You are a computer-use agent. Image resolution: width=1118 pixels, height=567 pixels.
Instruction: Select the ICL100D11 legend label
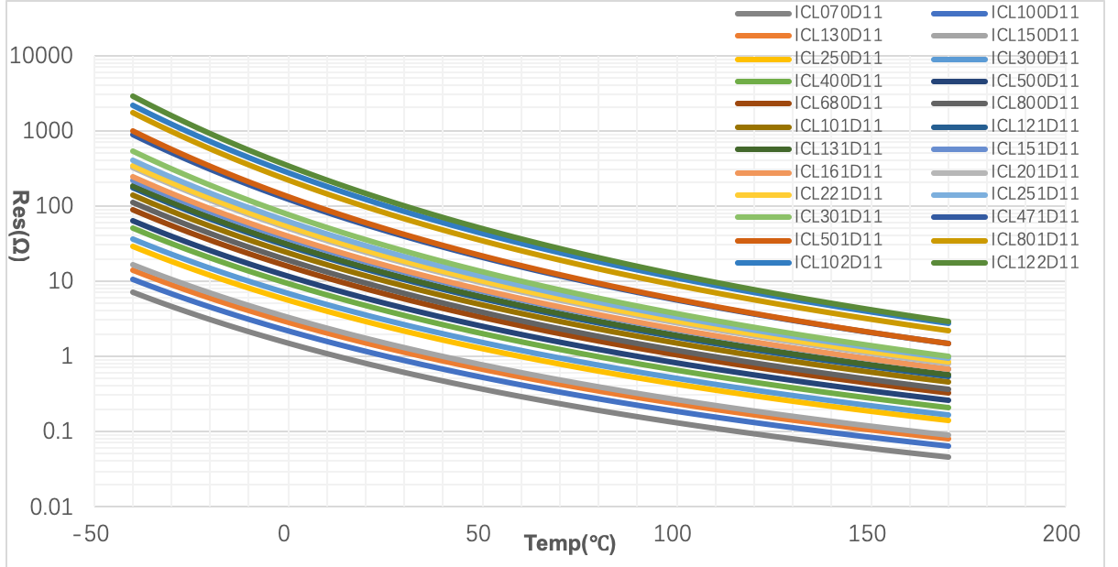[x=1035, y=13]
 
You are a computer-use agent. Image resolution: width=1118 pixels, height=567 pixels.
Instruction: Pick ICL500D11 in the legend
[x=1035, y=81]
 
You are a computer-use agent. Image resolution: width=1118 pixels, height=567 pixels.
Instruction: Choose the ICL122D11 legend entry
[x=1035, y=262]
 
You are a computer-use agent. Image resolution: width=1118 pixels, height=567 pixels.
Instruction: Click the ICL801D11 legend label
[x=1035, y=239]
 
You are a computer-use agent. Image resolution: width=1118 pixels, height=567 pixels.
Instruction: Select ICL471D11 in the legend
[x=1035, y=216]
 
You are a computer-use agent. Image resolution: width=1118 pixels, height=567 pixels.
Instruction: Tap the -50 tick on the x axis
[x=95, y=532]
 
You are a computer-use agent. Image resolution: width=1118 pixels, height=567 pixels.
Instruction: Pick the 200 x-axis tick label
[x=1063, y=532]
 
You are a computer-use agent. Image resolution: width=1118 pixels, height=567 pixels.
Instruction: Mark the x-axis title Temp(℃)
[x=570, y=543]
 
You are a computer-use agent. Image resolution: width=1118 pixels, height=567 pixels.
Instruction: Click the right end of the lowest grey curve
[x=948, y=456]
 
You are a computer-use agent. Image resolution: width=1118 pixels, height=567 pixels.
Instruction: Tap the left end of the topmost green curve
[x=133, y=95]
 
